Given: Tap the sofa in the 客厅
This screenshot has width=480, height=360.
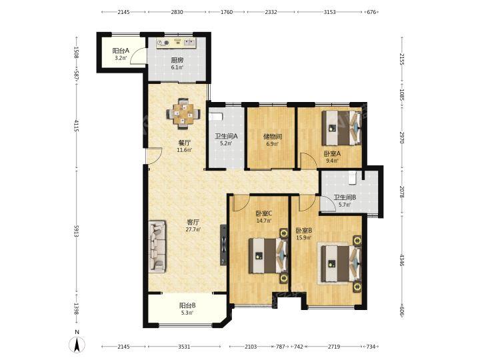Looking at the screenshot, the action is (x=157, y=246).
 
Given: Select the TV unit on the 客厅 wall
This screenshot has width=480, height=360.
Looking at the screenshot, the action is (x=224, y=245).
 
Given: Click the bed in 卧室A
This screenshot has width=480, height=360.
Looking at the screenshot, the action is (x=341, y=127).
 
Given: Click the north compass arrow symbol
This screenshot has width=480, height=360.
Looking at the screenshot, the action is (x=77, y=345).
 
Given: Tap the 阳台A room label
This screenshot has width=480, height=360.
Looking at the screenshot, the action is (x=120, y=51).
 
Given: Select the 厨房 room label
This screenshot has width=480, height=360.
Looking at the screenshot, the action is (x=177, y=60).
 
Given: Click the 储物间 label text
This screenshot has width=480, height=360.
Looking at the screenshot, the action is (x=273, y=137).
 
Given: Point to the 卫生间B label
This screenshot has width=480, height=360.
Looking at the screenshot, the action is (x=345, y=198).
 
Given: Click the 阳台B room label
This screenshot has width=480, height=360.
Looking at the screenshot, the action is (x=187, y=305).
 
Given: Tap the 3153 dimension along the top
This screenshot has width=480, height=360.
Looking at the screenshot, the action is (x=329, y=12).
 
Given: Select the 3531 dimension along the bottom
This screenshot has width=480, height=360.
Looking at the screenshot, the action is (x=184, y=347).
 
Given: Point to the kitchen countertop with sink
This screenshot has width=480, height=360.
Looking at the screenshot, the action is (x=176, y=43).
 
